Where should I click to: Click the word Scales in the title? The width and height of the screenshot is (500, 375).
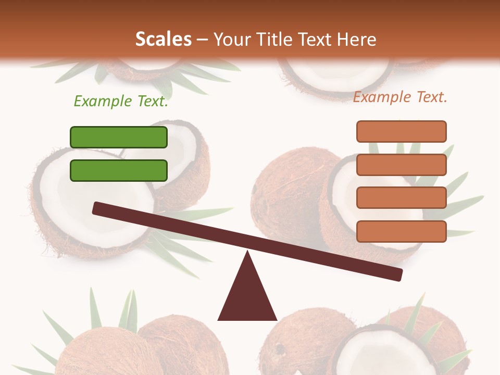(x=163, y=39)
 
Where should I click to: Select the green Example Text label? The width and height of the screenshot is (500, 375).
(x=121, y=101)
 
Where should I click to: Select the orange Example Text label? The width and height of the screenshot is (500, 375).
(x=400, y=97)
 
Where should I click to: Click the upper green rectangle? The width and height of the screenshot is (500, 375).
(x=119, y=137)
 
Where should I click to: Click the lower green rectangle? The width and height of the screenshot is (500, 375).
(x=119, y=170)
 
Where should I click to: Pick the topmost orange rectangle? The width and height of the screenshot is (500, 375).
(x=401, y=131)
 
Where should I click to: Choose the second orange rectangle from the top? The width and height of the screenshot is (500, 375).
(x=401, y=165)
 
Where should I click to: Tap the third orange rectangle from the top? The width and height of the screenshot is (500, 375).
(x=401, y=198)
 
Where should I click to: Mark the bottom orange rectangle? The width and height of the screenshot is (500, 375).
(x=401, y=231)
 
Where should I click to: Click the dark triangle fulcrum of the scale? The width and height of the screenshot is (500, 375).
(x=247, y=297)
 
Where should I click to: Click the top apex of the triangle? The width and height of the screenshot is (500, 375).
(x=247, y=253)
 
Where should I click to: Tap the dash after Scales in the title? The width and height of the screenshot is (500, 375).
(x=203, y=40)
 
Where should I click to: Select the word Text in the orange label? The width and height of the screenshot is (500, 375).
(x=430, y=97)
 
